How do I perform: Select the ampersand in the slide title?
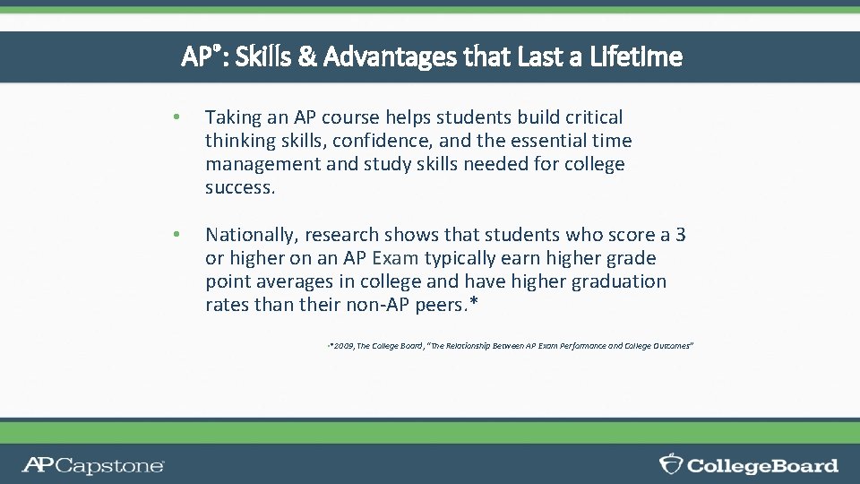click(306, 57)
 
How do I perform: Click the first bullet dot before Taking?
click(178, 117)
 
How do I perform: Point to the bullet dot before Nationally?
click(178, 235)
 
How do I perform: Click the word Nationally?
click(250, 235)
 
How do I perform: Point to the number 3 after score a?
click(681, 235)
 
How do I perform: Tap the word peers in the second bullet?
click(442, 305)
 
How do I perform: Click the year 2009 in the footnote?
click(343, 346)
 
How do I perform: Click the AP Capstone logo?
click(93, 465)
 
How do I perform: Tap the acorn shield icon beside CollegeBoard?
click(671, 464)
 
